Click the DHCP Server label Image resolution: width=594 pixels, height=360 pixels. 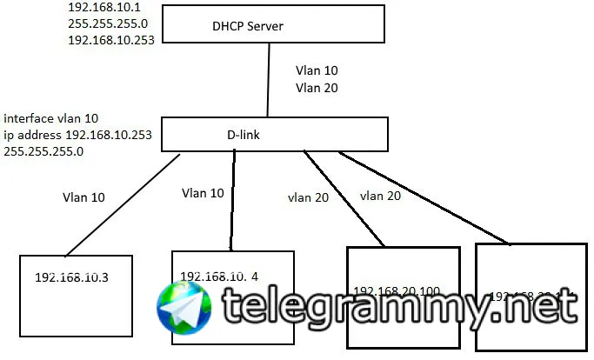248,26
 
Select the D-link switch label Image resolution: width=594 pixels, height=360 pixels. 244,135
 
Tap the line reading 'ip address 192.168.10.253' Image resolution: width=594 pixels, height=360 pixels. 77,134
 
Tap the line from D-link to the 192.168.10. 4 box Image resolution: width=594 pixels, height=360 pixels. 232,200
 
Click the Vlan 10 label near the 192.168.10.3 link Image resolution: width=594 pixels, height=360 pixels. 83,197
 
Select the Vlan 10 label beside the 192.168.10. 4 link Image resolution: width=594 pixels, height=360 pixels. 202,192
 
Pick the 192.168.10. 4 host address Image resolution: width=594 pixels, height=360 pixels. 218,277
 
